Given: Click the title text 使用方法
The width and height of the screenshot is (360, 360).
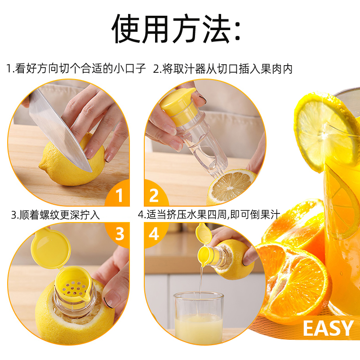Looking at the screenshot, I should click(x=176, y=29).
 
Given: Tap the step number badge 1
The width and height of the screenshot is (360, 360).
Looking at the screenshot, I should click(x=119, y=196).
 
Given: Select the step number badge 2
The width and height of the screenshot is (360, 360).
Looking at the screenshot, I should click(x=154, y=196).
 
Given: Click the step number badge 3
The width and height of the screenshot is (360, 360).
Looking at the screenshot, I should click(x=119, y=234).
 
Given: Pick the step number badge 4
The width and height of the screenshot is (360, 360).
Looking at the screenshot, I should click(x=154, y=234).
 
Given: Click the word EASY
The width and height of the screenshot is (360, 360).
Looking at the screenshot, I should click(x=328, y=329).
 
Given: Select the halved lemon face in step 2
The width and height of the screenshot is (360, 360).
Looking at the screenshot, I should click(x=229, y=187).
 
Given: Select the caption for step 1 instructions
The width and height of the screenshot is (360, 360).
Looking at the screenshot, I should click(x=76, y=69).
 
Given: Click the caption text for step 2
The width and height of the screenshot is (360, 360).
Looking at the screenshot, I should click(x=223, y=69).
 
